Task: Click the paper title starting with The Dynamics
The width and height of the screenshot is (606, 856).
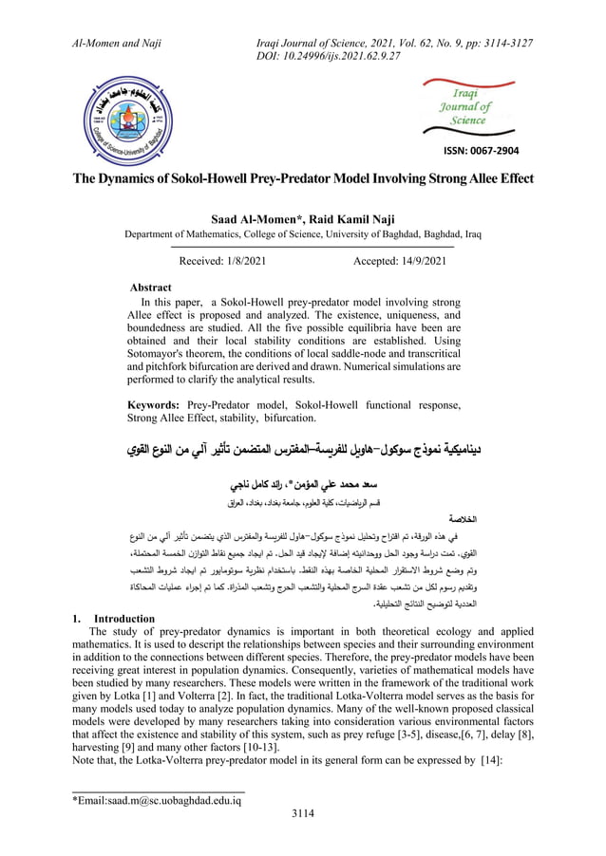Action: (303, 178)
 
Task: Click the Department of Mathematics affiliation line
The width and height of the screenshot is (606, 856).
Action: (303, 234)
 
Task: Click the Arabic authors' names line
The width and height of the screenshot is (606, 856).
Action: (303, 480)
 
